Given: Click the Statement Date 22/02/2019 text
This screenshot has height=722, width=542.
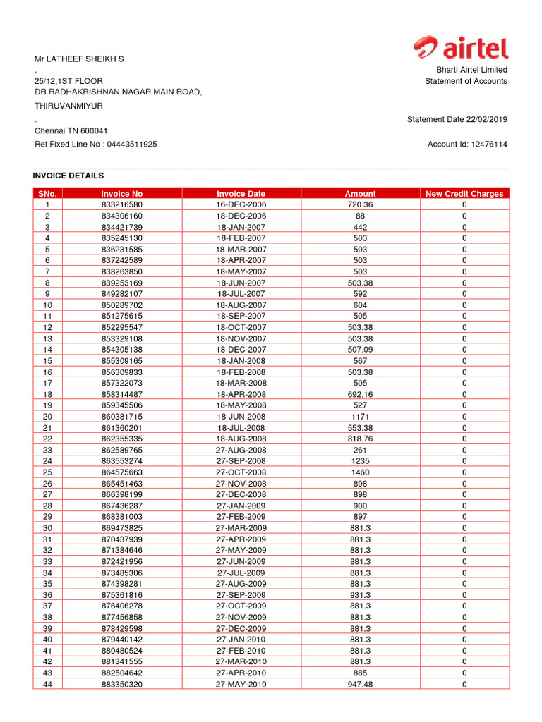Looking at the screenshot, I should coord(457,120).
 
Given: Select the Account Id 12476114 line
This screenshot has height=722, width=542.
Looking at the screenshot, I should coord(467,145).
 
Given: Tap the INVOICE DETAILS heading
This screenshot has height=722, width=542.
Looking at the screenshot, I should coord(68,176).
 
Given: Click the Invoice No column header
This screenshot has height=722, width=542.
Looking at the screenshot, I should coord(121,193).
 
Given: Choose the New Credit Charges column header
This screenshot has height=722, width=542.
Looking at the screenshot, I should coord(464,193).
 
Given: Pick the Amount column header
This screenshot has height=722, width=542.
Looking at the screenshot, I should coord(360,193).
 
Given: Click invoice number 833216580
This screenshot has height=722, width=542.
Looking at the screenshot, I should coord(121,204).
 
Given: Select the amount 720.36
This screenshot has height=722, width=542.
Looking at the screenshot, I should coord(360,204).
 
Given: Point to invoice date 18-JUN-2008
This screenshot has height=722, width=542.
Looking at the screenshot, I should coord(241,417).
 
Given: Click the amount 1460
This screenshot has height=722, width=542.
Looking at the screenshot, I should coord(360,472).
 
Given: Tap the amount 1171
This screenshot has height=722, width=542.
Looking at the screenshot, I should coord(360,417).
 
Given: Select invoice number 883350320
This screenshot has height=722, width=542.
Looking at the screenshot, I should coord(121,685).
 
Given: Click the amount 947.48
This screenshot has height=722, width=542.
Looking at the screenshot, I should coord(360,685).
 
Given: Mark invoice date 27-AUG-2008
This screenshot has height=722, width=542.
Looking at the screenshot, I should coord(241,450).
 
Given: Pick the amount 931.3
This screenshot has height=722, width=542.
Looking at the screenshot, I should coord(360,595).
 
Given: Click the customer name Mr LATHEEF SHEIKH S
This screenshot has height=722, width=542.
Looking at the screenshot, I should coord(79,59).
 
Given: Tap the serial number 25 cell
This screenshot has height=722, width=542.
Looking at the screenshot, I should coord(47,472).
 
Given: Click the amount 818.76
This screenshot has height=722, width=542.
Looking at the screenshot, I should coord(360,439).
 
